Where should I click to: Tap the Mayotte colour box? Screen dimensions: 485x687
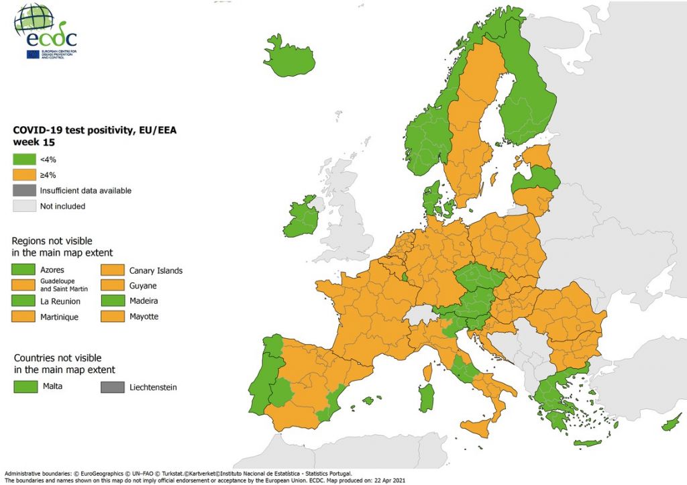pos(112,315)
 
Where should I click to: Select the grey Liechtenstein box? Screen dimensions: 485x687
pos(112,386)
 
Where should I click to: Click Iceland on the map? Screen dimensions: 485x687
pos(290,56)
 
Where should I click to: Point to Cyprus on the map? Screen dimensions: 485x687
pos(670,425)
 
